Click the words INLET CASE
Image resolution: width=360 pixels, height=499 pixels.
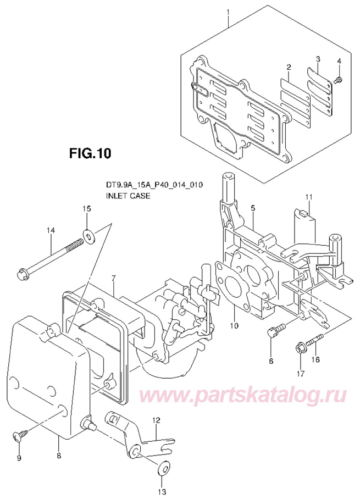pyautogui.click(x=128, y=195)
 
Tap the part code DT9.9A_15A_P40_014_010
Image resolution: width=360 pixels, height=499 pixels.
pyautogui.click(x=154, y=185)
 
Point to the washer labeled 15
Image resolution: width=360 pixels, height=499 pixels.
pyautogui.click(x=88, y=236)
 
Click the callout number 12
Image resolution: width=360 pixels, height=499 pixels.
pyautogui.click(x=156, y=420)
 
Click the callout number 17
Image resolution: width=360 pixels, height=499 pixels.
pyautogui.click(x=300, y=374)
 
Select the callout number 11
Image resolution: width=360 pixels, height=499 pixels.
pyautogui.click(x=308, y=196)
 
